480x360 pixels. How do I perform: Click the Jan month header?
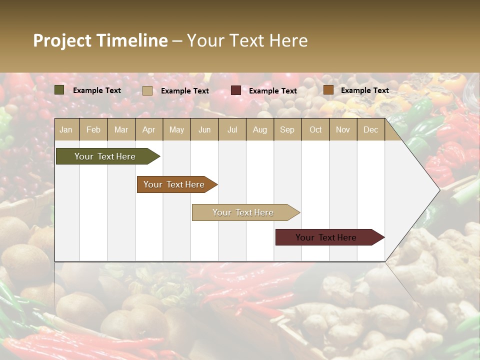(x=66, y=129)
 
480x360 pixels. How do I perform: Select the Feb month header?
(x=93, y=129)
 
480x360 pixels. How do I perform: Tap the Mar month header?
(x=121, y=129)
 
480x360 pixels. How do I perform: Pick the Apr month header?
(x=149, y=129)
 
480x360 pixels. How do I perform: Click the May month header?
(x=176, y=129)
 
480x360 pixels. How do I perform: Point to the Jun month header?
(x=204, y=129)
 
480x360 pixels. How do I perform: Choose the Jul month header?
(x=232, y=129)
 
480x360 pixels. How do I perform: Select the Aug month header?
(x=260, y=129)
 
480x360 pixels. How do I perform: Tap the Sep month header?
(x=287, y=129)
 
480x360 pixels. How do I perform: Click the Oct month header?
(x=315, y=129)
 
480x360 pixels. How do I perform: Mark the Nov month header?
(x=343, y=129)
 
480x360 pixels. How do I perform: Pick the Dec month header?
(x=371, y=129)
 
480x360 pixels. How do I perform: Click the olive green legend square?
(x=59, y=90)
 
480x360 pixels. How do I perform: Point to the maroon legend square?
(x=236, y=90)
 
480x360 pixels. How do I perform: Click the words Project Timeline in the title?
(x=100, y=40)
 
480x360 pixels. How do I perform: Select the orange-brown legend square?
(x=328, y=90)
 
